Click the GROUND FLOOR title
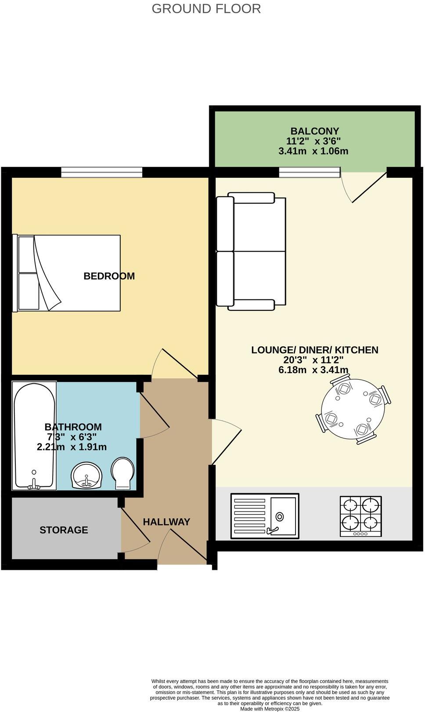[x=206, y=8]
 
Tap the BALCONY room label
[x=314, y=131]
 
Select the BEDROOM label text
[x=109, y=276]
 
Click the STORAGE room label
[x=64, y=530]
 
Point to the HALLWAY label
[x=166, y=522]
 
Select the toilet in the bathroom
[x=123, y=474]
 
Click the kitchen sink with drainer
[x=265, y=515]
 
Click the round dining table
[x=353, y=413]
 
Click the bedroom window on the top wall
[x=102, y=172]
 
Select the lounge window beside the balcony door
[x=310, y=173]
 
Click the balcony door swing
[x=360, y=187]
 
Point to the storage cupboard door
[x=136, y=531]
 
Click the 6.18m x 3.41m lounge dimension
[x=313, y=370]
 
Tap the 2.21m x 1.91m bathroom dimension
[x=72, y=447]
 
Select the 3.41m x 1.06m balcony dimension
[x=313, y=151]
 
